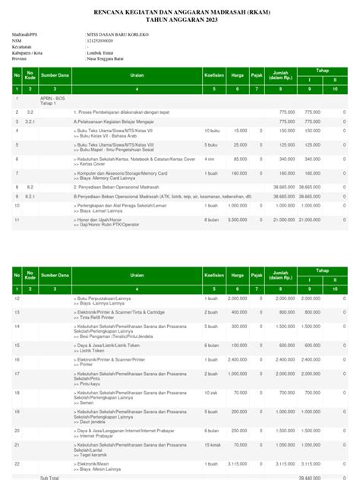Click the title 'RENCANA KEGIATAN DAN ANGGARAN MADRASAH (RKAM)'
[179, 13]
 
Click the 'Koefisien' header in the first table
[214, 76]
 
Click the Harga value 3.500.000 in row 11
[237, 219]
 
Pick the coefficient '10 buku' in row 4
[213, 131]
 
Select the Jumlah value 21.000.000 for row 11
[283, 219]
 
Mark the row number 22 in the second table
[16, 463]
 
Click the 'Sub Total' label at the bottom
[49, 478]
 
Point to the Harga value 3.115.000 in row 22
[237, 463]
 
